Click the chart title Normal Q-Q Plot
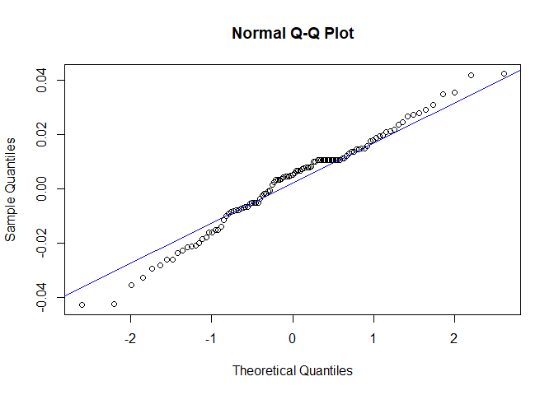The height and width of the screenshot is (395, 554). click(293, 34)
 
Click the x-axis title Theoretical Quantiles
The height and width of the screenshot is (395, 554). click(293, 370)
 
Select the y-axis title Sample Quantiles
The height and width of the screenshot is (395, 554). click(11, 188)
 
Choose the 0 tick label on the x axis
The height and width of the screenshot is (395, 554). click(293, 338)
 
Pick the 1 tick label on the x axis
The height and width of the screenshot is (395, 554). click(373, 338)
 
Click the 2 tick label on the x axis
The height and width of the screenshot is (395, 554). click(454, 338)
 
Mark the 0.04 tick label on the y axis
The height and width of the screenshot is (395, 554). click(41, 81)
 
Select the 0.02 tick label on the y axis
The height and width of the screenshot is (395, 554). click(41, 134)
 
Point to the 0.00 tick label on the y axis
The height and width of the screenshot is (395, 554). click(41, 188)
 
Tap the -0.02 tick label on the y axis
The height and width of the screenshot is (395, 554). click(41, 244)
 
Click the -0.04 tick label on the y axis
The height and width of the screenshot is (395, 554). click(41, 299)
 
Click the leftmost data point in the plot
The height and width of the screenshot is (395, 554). click(82, 304)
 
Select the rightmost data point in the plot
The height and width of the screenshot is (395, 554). click(504, 73)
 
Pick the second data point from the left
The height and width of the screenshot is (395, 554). click(114, 304)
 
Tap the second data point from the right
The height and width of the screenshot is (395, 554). click(472, 75)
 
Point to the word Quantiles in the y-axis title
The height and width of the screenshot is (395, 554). click(11, 165)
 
